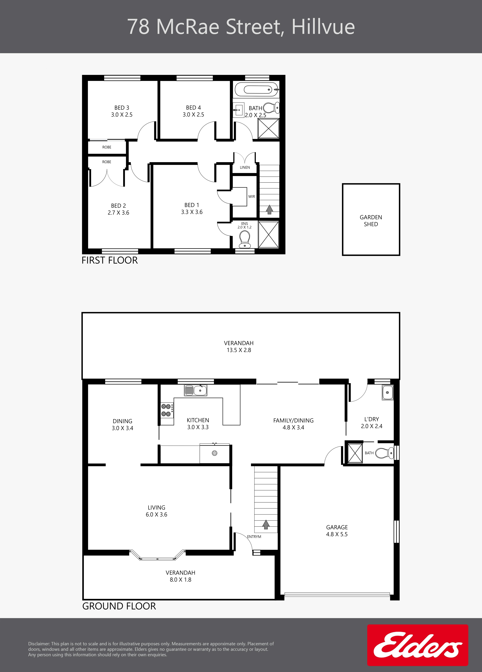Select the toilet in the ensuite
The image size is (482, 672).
(245, 239)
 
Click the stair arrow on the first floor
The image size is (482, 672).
(269, 210)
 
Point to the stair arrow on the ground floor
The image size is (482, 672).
(266, 524)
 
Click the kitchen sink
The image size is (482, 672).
(196, 390)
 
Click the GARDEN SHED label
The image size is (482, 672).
(371, 221)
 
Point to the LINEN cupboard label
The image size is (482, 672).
(245, 167)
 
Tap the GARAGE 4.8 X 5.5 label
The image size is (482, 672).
(337, 531)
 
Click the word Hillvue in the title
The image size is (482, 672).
(323, 27)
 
